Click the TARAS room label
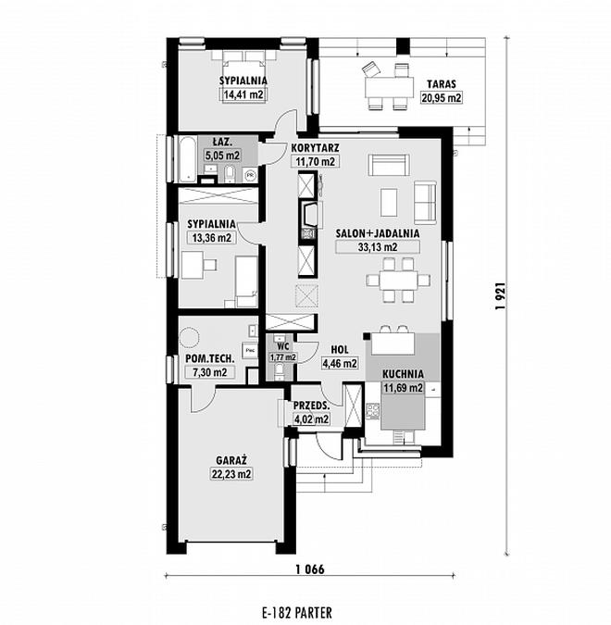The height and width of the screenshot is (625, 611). point(442,84)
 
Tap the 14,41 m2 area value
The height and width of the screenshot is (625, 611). point(243,94)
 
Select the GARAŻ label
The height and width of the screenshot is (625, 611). point(231,460)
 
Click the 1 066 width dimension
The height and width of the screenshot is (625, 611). point(310,569)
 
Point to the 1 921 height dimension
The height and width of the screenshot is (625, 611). point(501,295)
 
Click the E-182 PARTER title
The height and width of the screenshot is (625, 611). point(297,612)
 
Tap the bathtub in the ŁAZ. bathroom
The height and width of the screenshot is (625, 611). point(187,158)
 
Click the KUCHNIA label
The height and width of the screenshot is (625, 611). point(403,374)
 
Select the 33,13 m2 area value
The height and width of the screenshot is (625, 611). point(378,247)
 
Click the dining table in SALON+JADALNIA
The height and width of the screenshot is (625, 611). point(398,280)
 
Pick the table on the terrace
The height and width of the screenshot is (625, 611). point(390,87)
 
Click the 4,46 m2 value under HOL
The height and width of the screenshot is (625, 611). point(339,363)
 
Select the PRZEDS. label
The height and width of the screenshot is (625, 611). point(311,406)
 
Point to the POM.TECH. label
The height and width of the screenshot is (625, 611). point(209,358)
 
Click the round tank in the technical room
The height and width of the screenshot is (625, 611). point(189,338)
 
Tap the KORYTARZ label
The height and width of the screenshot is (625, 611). point(316,148)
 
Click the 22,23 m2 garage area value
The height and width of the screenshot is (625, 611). point(231,474)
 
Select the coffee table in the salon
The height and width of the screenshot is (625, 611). point(389,203)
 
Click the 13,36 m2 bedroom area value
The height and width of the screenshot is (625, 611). point(212,238)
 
